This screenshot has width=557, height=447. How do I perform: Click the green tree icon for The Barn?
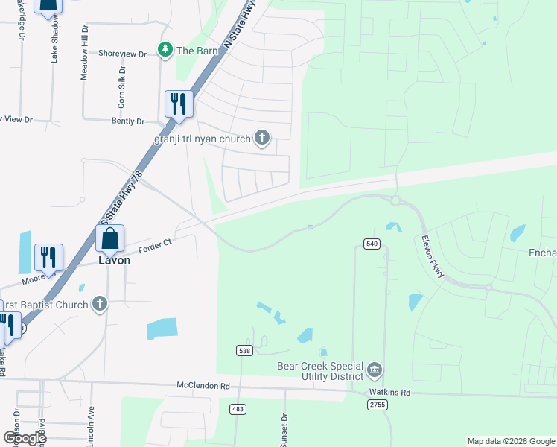pos(165,50)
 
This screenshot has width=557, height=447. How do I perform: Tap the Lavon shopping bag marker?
pos(109,240)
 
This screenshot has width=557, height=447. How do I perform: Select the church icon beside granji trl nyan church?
pos(261,137)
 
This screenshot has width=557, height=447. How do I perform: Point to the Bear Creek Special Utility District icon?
pos(375,370)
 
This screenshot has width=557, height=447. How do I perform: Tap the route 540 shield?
pos(372,244)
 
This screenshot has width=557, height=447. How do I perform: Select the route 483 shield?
pos(238,409)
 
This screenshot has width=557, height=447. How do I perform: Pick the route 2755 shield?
pos(377,404)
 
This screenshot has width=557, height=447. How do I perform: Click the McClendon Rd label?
pos(203,386)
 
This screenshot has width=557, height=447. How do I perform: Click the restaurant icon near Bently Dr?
pos(178,104)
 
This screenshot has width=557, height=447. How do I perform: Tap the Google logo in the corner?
pos(24,438)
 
